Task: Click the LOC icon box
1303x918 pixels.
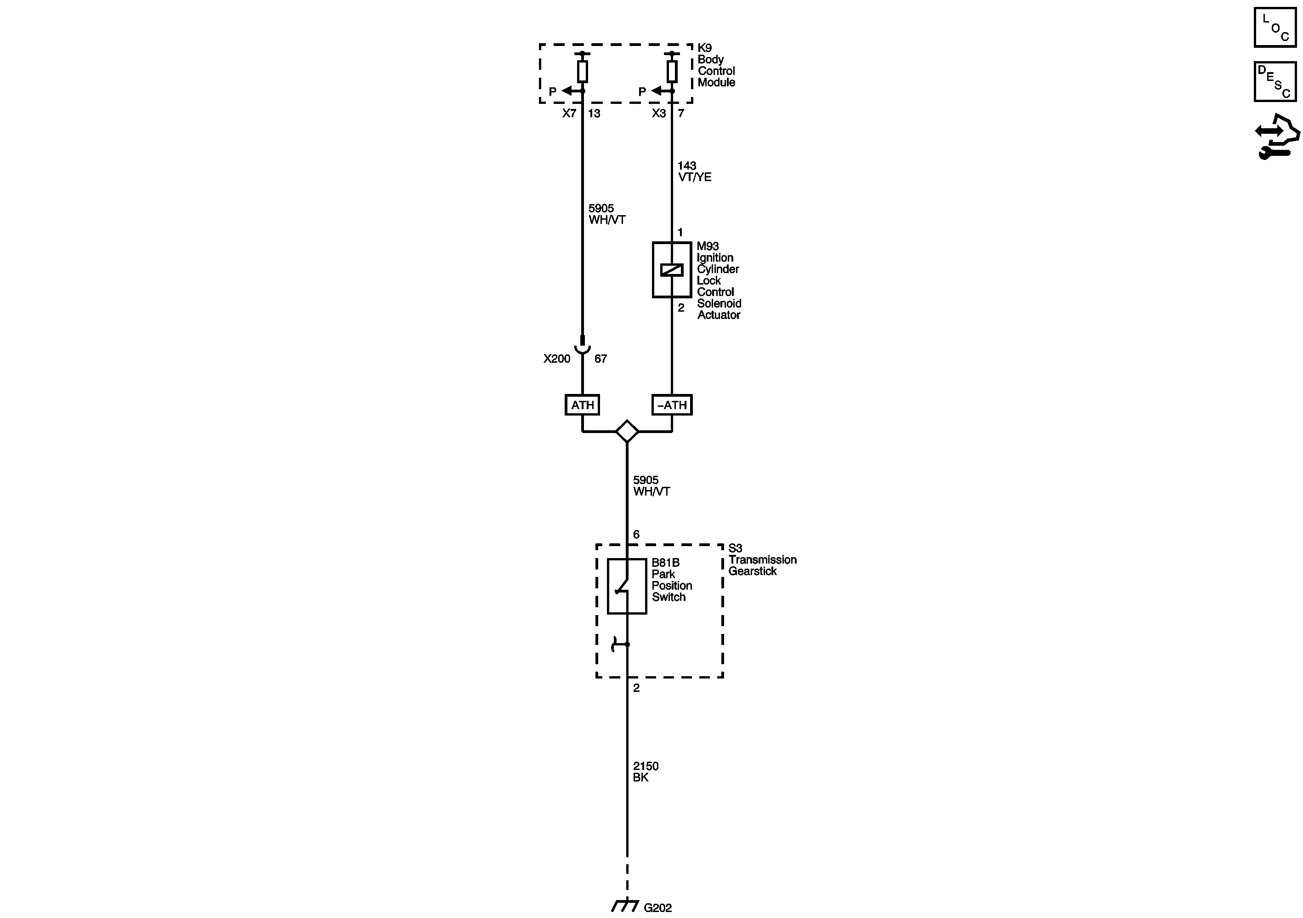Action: tap(1275, 27)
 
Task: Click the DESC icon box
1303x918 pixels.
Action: tap(1275, 82)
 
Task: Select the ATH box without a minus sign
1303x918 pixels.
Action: tap(582, 405)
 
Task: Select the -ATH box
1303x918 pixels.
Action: tap(672, 405)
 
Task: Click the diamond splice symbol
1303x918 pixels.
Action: tap(627, 432)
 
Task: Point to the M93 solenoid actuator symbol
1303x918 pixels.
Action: tap(671, 270)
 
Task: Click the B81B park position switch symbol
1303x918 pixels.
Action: tap(627, 587)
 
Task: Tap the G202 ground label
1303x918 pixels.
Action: tap(658, 908)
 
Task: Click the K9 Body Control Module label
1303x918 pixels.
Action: tap(716, 65)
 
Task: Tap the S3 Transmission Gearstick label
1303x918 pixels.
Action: tap(762, 560)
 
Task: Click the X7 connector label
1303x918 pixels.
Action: tap(569, 114)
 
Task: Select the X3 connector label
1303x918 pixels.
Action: tap(658, 114)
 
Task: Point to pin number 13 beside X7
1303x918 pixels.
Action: tap(594, 114)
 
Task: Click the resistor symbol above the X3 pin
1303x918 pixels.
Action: tap(672, 72)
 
